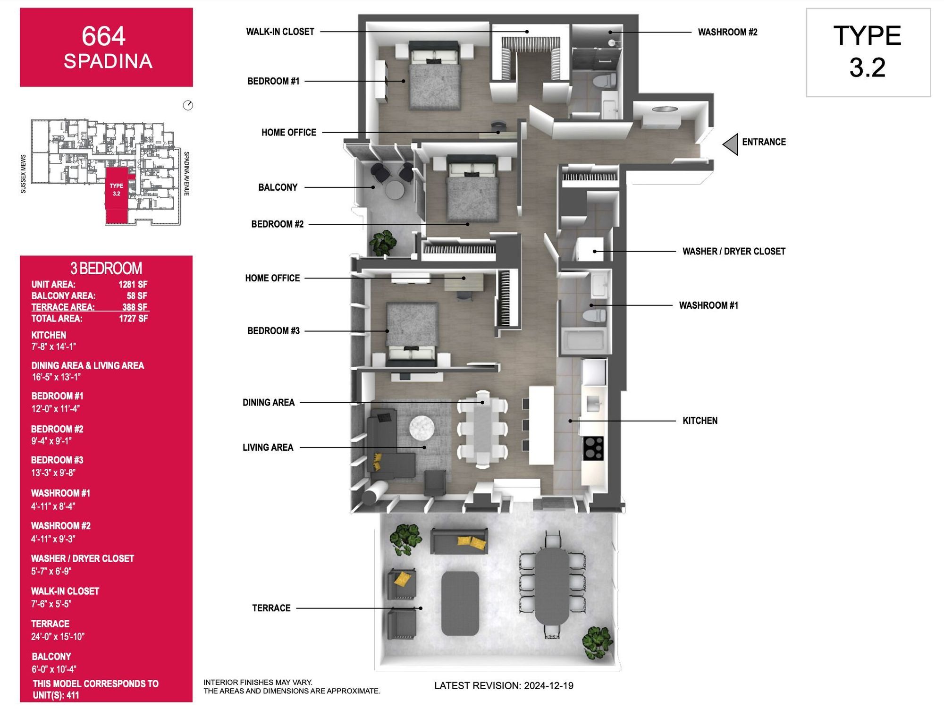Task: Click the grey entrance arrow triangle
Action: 731,144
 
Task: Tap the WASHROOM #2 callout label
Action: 727,32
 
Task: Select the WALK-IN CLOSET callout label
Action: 280,32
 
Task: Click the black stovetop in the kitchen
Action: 593,448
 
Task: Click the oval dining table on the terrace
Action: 552,586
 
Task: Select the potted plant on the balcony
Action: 383,243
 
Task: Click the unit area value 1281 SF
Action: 133,284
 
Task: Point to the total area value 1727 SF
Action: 133,319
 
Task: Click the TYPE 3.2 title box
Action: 868,52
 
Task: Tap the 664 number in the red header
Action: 103,36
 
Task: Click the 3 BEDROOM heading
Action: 106,268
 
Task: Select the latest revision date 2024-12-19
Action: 548,685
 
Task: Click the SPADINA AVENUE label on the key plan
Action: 186,174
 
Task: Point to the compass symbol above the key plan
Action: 188,105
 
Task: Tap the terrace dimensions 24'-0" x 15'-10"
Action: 58,636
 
